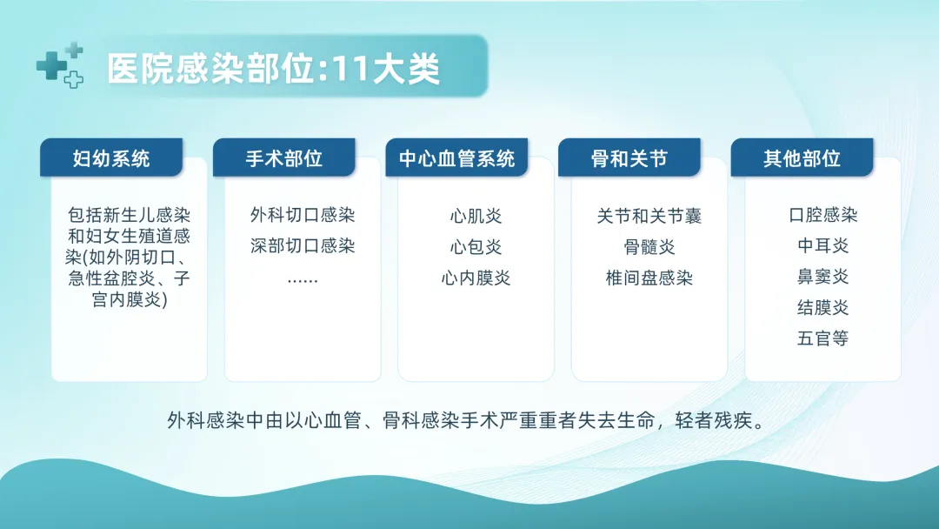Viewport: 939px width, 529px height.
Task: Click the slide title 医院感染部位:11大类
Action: click(x=274, y=68)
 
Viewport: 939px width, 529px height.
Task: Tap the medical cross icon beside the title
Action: click(x=60, y=65)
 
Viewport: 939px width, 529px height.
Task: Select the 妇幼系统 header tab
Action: click(x=111, y=157)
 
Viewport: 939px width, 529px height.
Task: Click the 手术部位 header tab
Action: click(x=283, y=157)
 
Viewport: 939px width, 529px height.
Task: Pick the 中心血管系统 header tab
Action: click(x=456, y=157)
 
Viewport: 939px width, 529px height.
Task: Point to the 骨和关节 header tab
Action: click(x=629, y=157)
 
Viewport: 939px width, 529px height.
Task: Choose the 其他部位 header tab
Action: click(x=802, y=157)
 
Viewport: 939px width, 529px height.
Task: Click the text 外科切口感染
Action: click(x=303, y=215)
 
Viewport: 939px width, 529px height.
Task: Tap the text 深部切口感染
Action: click(x=303, y=245)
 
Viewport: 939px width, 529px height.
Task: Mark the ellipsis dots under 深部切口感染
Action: click(x=303, y=280)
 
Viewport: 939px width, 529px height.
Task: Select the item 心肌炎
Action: click(x=476, y=216)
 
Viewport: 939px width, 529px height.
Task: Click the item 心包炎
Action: click(x=476, y=247)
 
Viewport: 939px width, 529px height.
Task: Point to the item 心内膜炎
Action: click(x=476, y=278)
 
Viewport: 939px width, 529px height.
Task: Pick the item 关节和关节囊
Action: click(x=649, y=216)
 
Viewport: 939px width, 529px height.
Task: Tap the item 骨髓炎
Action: click(x=649, y=247)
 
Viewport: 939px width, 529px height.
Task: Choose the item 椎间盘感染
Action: click(x=649, y=278)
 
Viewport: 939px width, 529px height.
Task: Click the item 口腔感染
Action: click(x=822, y=215)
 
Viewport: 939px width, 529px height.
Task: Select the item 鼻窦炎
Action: click(x=822, y=277)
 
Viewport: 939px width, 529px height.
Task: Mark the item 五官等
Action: click(x=822, y=338)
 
